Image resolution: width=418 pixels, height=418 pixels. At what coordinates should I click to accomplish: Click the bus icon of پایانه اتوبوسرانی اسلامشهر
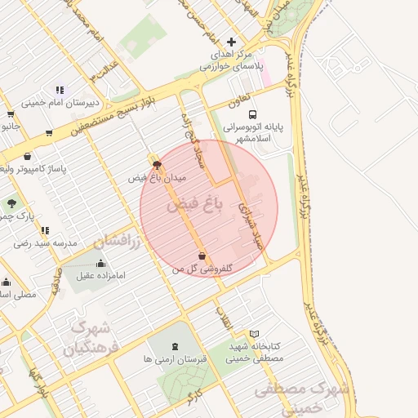[x=252, y=115]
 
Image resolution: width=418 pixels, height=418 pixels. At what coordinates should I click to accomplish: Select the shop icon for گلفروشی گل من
[x=202, y=256]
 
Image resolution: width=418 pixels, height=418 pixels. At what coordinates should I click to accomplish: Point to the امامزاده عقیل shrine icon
[x=100, y=263]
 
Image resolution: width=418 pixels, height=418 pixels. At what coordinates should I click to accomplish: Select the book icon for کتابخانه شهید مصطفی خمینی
[x=255, y=334]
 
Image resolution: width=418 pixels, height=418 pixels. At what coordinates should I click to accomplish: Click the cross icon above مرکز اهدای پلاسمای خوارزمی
[x=232, y=41]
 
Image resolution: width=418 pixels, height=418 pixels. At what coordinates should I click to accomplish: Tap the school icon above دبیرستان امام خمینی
[x=60, y=90]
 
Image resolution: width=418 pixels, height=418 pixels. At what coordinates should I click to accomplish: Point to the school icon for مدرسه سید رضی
[x=45, y=231]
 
